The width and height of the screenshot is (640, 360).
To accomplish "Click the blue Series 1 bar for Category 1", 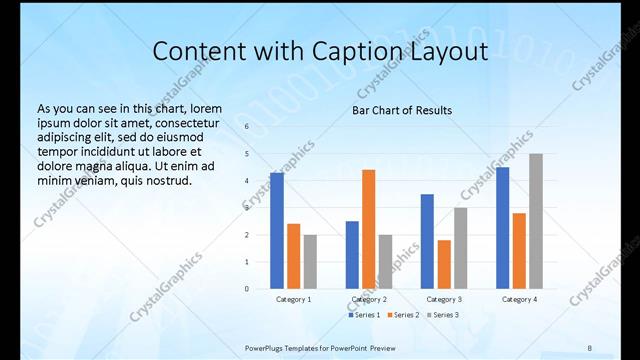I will pyautogui.click(x=277, y=231).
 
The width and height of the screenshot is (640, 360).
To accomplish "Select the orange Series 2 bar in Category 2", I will pyautogui.click(x=368, y=229).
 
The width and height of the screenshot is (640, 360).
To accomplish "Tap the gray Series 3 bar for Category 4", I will pyautogui.click(x=536, y=221).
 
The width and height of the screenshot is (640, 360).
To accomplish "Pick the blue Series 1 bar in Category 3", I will pyautogui.click(x=427, y=241).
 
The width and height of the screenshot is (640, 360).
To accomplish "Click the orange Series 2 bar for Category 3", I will pyautogui.click(x=444, y=264).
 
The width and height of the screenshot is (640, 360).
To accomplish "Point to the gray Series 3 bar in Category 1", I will pyautogui.click(x=311, y=262).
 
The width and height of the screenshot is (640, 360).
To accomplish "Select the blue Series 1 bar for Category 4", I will pyautogui.click(x=502, y=228).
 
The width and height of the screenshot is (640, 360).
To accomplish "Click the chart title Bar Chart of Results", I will pyautogui.click(x=402, y=110).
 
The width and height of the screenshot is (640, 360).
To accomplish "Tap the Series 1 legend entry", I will pyautogui.click(x=364, y=315).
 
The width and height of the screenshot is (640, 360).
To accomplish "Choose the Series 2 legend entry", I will pyautogui.click(x=403, y=315).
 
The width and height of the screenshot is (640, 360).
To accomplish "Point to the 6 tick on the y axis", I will pyautogui.click(x=246, y=127).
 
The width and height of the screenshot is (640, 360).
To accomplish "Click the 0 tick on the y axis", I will pyautogui.click(x=246, y=289).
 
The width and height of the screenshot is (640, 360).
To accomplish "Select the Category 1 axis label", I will pyautogui.click(x=294, y=299).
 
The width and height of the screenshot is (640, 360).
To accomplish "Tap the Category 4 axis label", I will pyautogui.click(x=519, y=299).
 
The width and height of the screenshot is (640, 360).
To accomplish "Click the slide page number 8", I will pyautogui.click(x=589, y=347).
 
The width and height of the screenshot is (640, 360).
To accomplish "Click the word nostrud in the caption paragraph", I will pyautogui.click(x=163, y=181).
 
